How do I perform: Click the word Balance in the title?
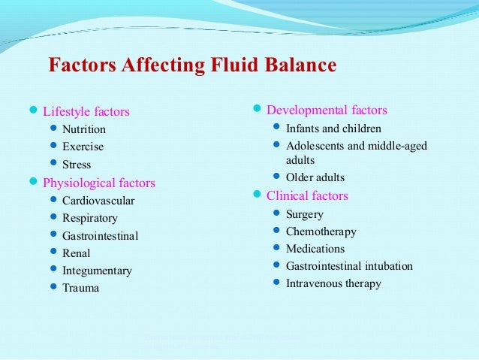pyautogui.click(x=297, y=65)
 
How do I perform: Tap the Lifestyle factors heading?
pyautogui.click(x=86, y=112)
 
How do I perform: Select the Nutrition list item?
pyautogui.click(x=84, y=129)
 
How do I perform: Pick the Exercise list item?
pyautogui.click(x=83, y=147)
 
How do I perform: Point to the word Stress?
pyautogui.click(x=77, y=165)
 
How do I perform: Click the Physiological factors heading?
pyautogui.click(x=99, y=183)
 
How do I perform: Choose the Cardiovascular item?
pyautogui.click(x=98, y=201)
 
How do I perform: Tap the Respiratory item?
pyautogui.click(x=90, y=218)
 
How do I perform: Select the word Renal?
pyautogui.click(x=77, y=253)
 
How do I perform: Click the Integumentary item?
pyautogui.click(x=97, y=271)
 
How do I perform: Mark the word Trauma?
pyautogui.click(x=80, y=288)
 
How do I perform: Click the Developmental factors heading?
pyautogui.click(x=327, y=110)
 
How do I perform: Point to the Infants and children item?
pyautogui.click(x=333, y=129)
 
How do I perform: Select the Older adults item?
pyautogui.click(x=315, y=178)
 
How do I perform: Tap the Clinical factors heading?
pyautogui.click(x=307, y=196)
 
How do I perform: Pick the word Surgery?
pyautogui.click(x=306, y=214)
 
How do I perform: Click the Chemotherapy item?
pyautogui.click(x=321, y=231)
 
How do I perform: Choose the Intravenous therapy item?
pyautogui.click(x=333, y=283)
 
